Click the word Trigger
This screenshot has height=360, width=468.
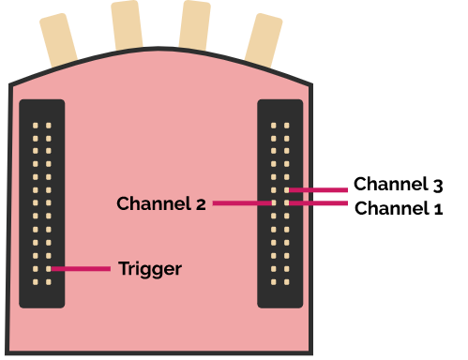(150, 269)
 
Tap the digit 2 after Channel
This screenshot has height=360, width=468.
(201, 203)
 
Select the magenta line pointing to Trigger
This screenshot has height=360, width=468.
(83, 269)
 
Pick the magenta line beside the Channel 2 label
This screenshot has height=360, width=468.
(242, 202)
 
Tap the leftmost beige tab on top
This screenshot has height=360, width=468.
(58, 42)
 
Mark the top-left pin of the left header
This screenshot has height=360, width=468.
(36, 125)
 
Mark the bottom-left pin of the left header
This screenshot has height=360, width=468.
(36, 282)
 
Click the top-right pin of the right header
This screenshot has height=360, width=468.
(287, 125)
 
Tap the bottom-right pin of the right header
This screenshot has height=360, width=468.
(287, 282)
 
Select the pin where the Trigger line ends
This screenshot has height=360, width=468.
(49, 269)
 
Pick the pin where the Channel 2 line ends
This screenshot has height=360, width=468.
(274, 202)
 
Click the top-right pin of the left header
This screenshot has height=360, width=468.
(49, 125)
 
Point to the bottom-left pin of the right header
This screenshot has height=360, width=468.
(274, 282)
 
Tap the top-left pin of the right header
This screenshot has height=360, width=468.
(274, 125)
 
